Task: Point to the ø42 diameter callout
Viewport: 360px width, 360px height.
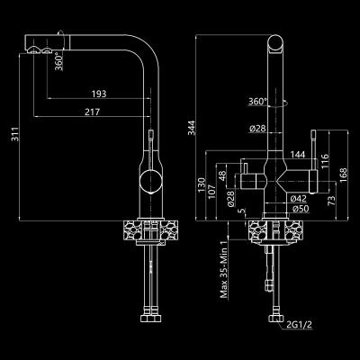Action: [301, 197]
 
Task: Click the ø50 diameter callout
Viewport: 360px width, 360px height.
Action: [301, 208]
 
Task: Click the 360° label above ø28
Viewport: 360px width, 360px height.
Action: [256, 102]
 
